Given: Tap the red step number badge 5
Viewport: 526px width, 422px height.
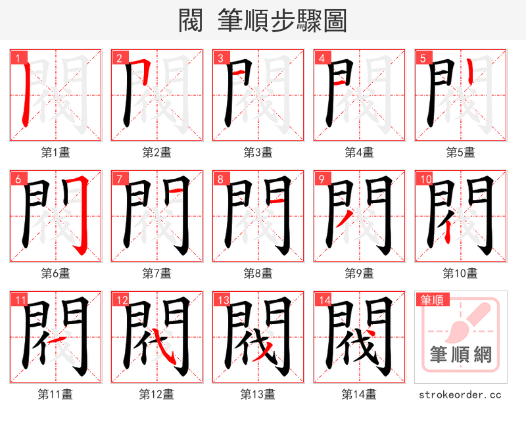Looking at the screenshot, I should (x=422, y=58).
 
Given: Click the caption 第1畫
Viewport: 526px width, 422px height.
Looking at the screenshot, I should (x=55, y=152).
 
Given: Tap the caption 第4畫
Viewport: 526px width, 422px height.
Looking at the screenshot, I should (x=359, y=152).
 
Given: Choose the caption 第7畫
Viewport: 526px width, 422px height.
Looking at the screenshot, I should (x=156, y=273).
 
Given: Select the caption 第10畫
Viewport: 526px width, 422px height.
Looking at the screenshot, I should (x=460, y=273).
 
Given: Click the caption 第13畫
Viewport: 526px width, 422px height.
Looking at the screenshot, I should (x=258, y=394).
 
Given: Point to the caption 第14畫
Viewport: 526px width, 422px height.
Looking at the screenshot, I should (x=359, y=394).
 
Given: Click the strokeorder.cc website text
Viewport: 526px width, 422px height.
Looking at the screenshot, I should (x=460, y=394).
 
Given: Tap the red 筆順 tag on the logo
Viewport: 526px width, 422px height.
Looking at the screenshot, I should (x=432, y=300).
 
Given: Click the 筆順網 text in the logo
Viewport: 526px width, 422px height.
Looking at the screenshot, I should (x=460, y=355).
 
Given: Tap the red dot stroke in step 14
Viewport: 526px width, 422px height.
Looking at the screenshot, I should (x=372, y=335).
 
